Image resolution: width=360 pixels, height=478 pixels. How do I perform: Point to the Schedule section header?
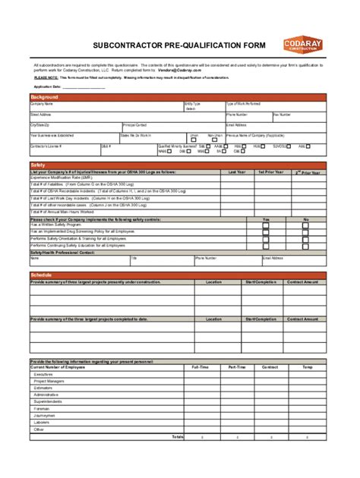41,274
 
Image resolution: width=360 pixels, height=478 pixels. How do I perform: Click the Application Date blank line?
84,86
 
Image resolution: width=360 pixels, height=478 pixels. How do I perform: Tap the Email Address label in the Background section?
236,124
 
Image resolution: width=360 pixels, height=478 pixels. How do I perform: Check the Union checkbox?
194,140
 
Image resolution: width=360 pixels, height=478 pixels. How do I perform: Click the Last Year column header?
237,172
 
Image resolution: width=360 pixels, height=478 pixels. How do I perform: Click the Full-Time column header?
201,367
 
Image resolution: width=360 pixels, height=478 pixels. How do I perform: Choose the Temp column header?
307,367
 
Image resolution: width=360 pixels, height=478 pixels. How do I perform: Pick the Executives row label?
43,374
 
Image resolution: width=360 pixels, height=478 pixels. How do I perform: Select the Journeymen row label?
45,415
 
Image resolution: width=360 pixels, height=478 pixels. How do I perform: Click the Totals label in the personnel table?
177,436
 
